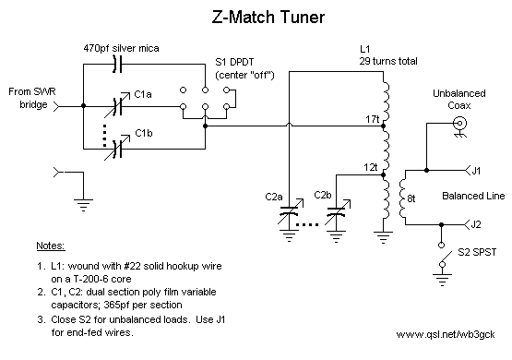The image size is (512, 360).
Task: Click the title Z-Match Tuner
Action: [x=256, y=17]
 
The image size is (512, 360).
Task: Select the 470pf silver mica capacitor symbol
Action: [x=116, y=64]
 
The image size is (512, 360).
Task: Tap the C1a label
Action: [x=143, y=94]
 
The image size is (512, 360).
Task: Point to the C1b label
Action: [x=143, y=134]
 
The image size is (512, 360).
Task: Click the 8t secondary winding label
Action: [x=412, y=198]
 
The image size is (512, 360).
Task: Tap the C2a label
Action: [x=274, y=197]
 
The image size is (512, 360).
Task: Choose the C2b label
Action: [x=322, y=195]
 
